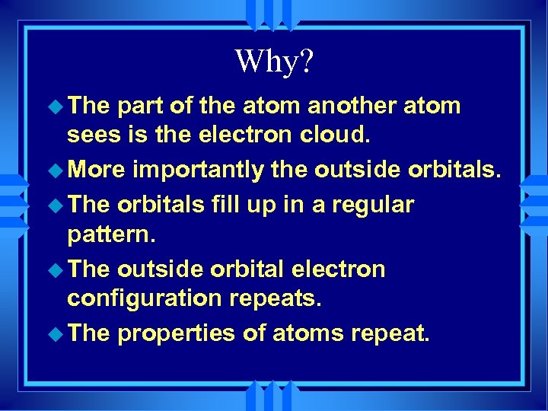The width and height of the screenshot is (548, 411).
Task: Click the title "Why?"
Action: click(x=273, y=62)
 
